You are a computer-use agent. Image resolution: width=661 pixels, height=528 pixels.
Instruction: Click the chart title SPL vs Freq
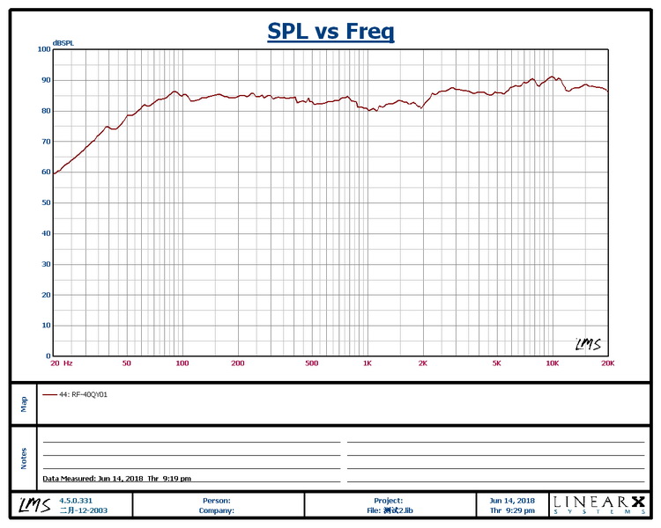click(330, 33)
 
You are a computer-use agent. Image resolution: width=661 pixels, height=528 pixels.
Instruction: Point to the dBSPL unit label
click(63, 43)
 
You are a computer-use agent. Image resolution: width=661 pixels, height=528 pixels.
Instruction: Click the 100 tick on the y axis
click(43, 49)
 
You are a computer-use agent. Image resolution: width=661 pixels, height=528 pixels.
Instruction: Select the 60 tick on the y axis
click(45, 172)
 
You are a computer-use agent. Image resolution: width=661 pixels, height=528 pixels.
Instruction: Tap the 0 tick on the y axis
click(48, 356)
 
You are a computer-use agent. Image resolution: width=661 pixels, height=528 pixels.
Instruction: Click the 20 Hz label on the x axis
click(62, 363)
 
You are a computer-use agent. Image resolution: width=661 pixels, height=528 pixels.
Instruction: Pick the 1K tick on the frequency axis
click(368, 363)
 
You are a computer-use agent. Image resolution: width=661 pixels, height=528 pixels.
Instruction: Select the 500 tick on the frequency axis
click(311, 363)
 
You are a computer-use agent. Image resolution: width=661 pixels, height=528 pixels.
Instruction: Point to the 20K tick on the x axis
click(606, 363)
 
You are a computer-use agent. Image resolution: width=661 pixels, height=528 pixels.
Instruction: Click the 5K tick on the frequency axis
click(496, 363)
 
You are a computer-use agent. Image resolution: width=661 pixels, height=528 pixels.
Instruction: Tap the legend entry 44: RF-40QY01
click(83, 395)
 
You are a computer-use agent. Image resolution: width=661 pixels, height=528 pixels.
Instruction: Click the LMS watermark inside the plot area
click(588, 344)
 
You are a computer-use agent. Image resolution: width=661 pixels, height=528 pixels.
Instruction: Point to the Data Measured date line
click(117, 479)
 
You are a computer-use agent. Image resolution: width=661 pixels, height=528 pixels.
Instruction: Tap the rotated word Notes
click(24, 458)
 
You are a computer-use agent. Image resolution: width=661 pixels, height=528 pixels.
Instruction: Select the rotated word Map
click(24, 403)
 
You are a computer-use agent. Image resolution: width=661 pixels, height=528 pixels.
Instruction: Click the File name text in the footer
click(388, 510)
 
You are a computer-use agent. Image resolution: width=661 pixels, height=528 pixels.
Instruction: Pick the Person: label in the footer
click(217, 500)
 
